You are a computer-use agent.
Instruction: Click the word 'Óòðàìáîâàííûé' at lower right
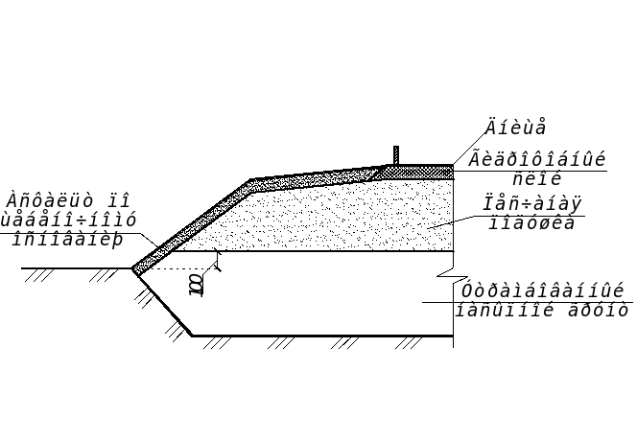coord(542,291)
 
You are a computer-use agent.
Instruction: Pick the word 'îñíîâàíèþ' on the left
coord(67,239)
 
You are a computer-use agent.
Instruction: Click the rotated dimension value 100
coord(197,285)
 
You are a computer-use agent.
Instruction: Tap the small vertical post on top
coord(396,155)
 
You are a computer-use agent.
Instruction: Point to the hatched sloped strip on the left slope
coord(192,225)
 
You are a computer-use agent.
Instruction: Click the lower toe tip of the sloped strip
coord(136,272)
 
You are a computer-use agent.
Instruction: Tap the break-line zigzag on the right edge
coord(445,280)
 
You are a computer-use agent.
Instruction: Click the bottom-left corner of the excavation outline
coord(192,336)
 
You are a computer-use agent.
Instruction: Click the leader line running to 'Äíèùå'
coord(469,146)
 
